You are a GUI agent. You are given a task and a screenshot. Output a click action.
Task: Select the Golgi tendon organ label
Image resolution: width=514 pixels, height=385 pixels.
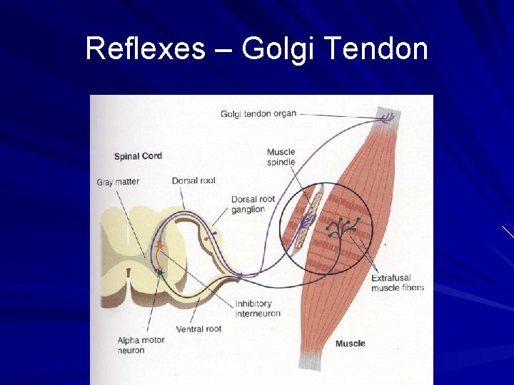point(258,113)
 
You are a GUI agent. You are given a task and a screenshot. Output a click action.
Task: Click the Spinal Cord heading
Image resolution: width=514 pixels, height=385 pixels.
point(138,156)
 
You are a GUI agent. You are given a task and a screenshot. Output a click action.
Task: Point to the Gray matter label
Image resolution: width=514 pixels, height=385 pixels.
point(118,182)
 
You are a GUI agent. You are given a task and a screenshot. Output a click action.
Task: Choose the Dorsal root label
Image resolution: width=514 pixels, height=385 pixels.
point(193,181)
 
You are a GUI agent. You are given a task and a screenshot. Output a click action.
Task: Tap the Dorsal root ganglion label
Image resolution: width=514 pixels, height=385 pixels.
point(253,204)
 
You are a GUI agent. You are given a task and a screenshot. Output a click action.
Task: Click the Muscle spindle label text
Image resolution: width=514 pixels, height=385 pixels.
point(281,157)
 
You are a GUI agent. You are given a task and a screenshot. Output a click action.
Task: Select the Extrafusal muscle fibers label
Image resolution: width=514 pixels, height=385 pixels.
point(397,283)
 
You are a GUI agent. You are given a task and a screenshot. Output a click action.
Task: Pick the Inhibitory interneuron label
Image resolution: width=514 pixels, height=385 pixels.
point(258,309)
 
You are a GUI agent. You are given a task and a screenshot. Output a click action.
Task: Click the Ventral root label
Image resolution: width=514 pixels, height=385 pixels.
point(198,329)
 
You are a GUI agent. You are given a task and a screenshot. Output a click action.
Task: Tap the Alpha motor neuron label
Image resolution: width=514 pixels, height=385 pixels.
point(141,345)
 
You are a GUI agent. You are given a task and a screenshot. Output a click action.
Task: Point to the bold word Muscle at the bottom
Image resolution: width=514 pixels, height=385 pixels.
point(350,344)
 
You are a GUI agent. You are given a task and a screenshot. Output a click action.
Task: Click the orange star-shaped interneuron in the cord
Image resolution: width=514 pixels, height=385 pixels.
point(160,246)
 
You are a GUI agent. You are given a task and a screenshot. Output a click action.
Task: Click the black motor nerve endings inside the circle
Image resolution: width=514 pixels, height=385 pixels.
point(341,228)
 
